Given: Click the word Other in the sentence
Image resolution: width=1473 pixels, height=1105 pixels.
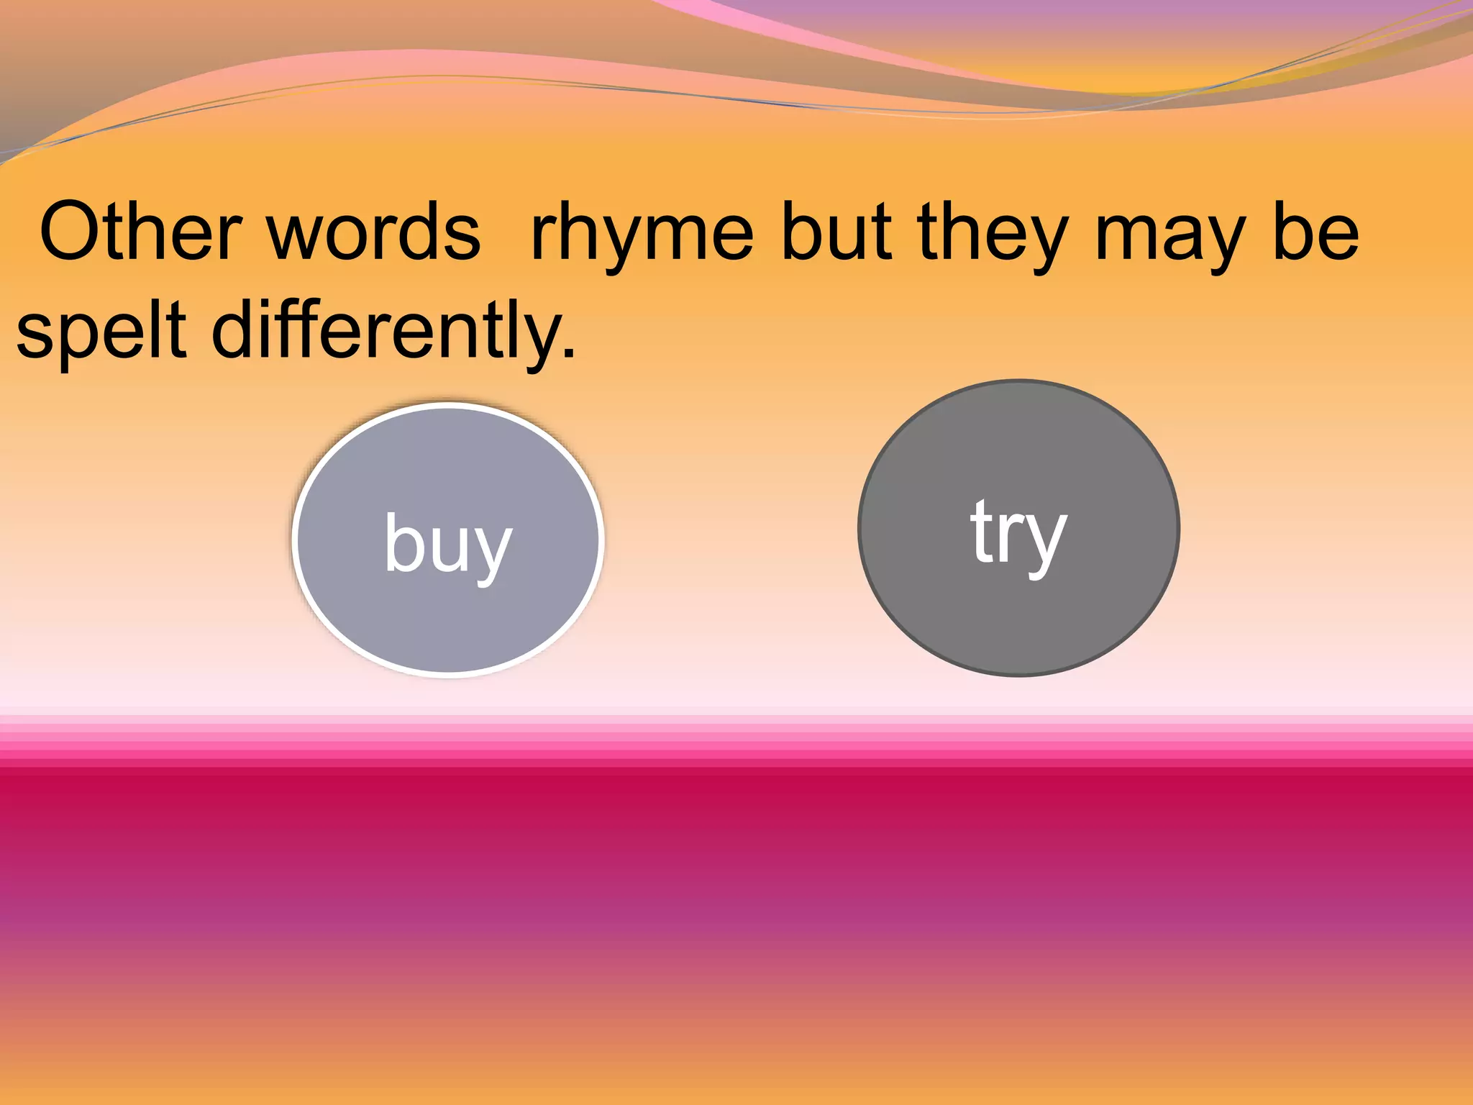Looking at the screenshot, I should (140, 232).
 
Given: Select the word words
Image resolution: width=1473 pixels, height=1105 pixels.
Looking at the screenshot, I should (374, 232).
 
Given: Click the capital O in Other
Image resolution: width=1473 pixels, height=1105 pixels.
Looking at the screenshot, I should (70, 232).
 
